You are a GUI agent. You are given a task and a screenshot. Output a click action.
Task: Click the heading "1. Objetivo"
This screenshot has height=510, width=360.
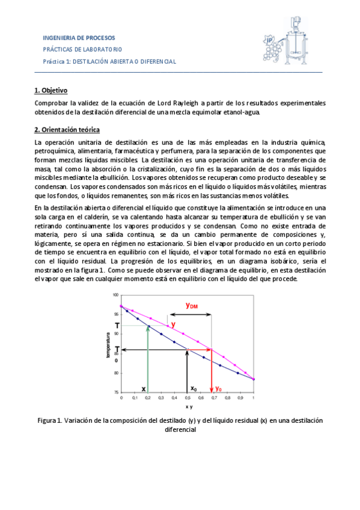(51, 91)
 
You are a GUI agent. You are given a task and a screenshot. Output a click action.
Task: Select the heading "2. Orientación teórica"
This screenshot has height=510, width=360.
(67, 130)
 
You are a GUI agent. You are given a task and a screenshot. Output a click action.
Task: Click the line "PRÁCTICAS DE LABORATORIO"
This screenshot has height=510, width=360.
(82, 49)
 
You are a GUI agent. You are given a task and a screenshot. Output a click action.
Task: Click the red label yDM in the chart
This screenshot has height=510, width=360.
(192, 306)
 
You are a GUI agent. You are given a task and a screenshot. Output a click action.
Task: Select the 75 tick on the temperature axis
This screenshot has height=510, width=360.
(115, 393)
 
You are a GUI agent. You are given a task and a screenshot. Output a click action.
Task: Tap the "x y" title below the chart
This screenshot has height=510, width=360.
(187, 407)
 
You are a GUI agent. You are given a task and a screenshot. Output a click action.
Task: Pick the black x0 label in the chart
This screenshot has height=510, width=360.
(194, 389)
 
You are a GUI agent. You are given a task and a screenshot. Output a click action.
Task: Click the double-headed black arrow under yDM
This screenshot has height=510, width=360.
(191, 314)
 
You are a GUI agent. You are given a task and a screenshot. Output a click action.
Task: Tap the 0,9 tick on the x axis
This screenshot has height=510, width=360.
(240, 398)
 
